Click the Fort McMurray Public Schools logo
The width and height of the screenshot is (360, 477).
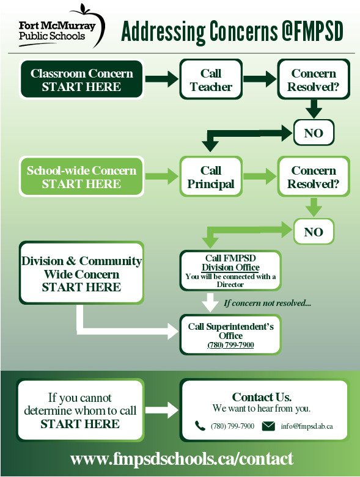(62, 26)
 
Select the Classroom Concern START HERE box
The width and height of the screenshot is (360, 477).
(81, 79)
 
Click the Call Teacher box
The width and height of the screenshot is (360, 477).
(211, 79)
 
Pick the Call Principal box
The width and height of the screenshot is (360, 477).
(211, 177)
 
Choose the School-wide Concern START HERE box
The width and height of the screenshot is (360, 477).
(81, 177)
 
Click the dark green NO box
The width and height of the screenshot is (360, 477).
(314, 133)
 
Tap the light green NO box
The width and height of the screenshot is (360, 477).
(314, 231)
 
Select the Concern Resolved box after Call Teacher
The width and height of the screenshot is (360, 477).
(314, 79)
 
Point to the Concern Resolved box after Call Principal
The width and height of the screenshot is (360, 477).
(314, 177)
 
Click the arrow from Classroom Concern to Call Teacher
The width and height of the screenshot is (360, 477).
(161, 79)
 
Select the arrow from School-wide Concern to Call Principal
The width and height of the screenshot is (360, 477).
(161, 177)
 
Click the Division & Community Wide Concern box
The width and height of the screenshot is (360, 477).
(81, 273)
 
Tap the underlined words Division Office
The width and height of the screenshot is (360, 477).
(230, 268)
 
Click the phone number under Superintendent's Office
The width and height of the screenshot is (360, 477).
(230, 345)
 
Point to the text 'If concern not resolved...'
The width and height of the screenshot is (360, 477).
(267, 303)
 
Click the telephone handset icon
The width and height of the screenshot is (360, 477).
(200, 426)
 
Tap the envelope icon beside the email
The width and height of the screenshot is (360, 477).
(268, 426)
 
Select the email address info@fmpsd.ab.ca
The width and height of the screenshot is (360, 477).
(307, 426)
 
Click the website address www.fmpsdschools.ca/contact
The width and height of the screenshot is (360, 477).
(182, 459)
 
